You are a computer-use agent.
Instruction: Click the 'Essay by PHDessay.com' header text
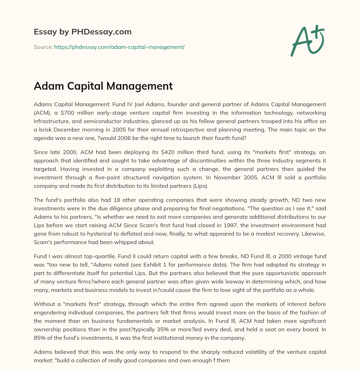(x=83, y=32)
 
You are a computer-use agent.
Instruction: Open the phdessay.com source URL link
(x=119, y=47)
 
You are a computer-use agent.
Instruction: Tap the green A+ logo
(x=307, y=39)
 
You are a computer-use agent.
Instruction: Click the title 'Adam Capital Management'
(x=103, y=86)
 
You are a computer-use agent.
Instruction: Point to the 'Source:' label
(x=43, y=47)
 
